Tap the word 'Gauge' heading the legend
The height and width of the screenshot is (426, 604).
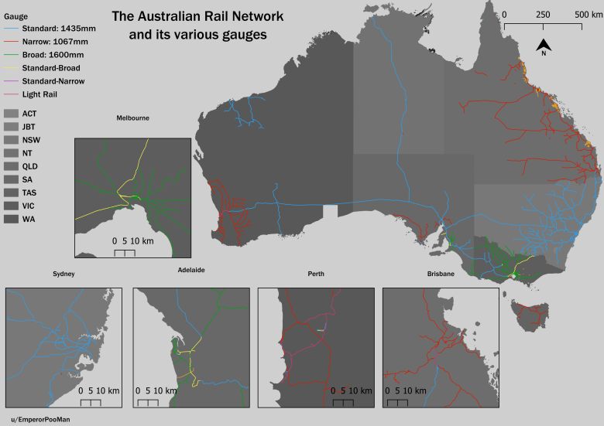coord(16,16)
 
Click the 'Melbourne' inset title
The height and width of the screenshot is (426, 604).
coord(132,118)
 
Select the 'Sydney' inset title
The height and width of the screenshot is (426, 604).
coord(63,274)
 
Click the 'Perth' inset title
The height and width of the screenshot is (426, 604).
coord(316,274)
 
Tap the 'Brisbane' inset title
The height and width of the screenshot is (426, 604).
coord(441,274)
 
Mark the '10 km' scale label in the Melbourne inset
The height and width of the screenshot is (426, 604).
coord(142,241)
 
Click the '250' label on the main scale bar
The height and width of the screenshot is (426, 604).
coord(542,15)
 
